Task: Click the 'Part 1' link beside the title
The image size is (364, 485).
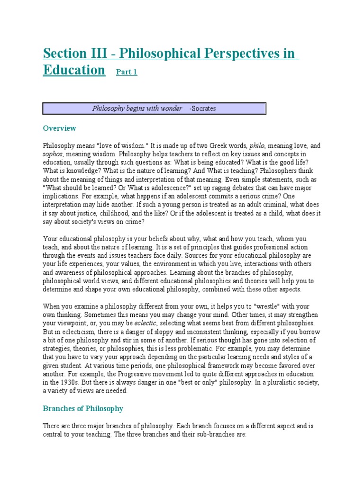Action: tap(127, 72)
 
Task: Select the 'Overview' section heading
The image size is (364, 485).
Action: tap(59, 128)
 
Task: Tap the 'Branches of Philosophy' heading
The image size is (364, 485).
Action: tap(83, 408)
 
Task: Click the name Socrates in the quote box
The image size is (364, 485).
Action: tap(202, 108)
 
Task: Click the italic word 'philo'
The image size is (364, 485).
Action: tap(260, 146)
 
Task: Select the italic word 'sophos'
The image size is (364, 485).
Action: tap(53, 154)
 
